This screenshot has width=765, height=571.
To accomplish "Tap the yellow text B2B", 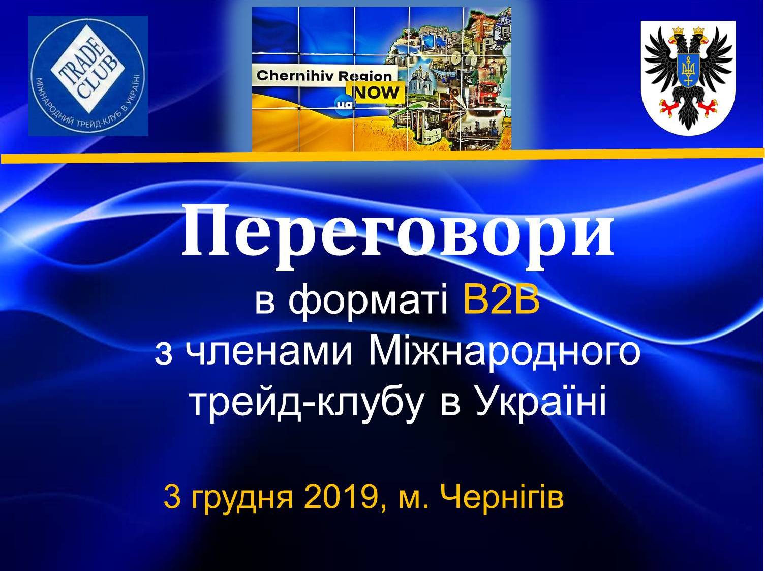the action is click(502, 300).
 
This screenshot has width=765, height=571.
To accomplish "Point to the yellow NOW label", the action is click(379, 93).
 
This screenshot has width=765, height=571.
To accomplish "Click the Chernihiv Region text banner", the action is click(324, 76).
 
